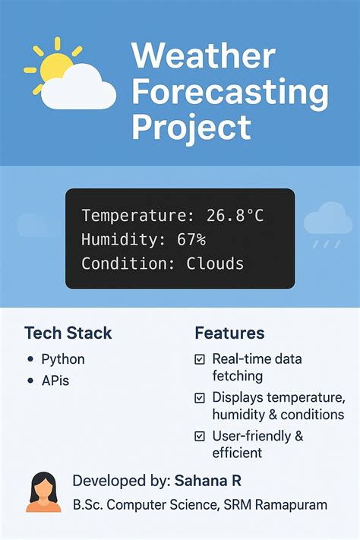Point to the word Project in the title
coord(191,128)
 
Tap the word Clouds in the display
coord(216,264)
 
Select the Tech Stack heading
coord(68,333)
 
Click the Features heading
coord(229,333)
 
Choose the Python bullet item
coord(63,359)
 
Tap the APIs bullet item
coord(55,381)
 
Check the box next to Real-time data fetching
coord(200,359)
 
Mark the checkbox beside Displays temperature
coord(200,397)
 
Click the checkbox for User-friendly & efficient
coord(200,436)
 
